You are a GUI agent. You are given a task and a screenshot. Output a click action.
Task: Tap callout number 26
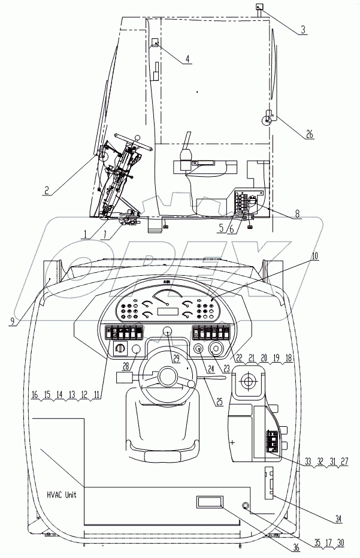309,135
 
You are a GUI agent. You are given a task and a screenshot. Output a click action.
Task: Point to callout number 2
46,192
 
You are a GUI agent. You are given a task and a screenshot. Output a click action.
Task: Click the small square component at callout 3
259,7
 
